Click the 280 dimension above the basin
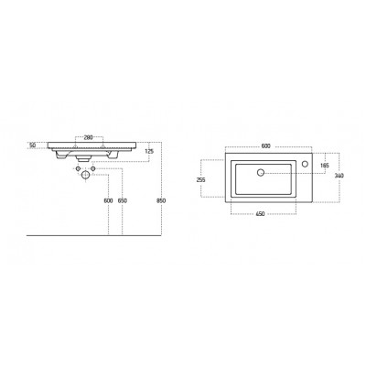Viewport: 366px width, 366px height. (89, 137)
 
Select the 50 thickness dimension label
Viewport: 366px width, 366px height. (33, 145)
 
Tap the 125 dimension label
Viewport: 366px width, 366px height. (149, 151)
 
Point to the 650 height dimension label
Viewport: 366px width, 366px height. (123, 200)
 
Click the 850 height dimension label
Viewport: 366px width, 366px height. (161, 200)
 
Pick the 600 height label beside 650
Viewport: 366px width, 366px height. (108, 200)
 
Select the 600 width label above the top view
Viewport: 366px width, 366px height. (266, 146)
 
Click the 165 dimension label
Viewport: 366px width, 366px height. (325, 166)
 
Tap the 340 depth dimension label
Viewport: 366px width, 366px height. (339, 176)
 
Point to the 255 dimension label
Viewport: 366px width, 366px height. (201, 180)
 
